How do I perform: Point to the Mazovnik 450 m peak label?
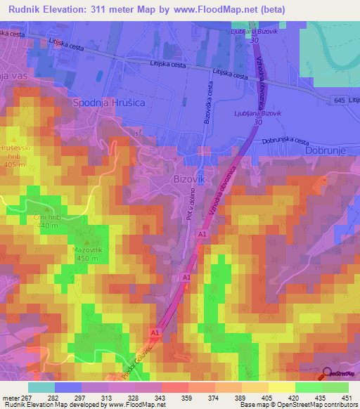(x=84, y=252)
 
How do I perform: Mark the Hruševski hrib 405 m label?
(x=27, y=154)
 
